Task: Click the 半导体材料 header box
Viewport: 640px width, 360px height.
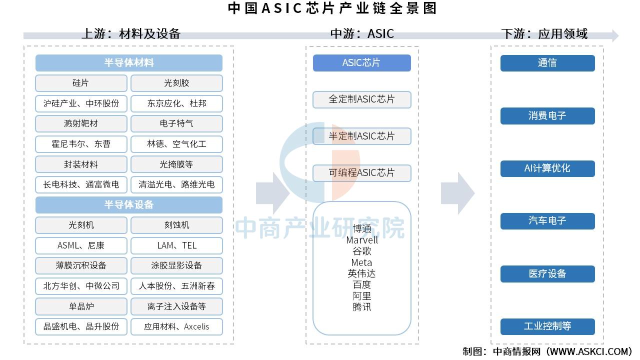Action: click(129, 63)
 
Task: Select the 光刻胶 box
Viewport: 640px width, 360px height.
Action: click(176, 83)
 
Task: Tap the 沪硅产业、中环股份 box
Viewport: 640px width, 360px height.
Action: click(81, 103)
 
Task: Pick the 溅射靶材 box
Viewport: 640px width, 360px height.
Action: click(81, 123)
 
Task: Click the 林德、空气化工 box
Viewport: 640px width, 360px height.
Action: click(176, 144)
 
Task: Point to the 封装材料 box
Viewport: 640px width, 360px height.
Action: click(81, 164)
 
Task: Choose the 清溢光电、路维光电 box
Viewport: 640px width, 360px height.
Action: click(176, 184)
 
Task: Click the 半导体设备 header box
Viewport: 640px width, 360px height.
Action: click(129, 205)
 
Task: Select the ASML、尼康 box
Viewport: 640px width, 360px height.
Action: click(81, 245)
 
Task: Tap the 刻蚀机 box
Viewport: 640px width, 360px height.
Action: click(176, 225)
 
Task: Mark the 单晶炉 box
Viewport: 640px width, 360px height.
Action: click(81, 306)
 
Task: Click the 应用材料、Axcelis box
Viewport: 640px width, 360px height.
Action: click(176, 326)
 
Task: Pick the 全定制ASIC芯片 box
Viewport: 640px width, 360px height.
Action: click(361, 99)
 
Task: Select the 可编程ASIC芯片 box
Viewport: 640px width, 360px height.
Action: click(361, 173)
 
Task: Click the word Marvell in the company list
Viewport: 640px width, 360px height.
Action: click(361, 240)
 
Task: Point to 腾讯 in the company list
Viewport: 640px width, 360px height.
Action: click(361, 307)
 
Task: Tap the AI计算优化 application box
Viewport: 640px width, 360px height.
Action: click(547, 168)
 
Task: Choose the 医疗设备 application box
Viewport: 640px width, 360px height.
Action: click(547, 273)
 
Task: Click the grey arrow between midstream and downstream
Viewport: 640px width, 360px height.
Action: click(457, 193)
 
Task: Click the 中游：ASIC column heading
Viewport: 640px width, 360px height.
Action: click(362, 33)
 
